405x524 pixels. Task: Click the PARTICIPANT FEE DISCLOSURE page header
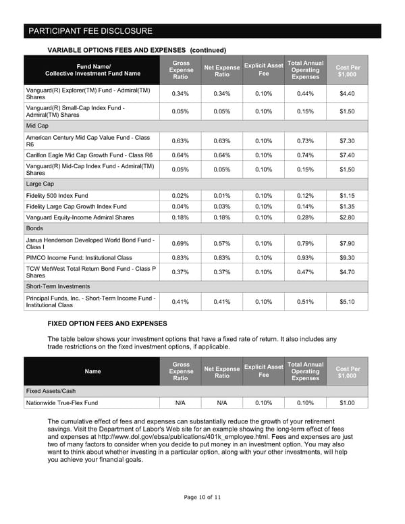click(90, 31)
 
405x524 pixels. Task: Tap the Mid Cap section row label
click(36, 126)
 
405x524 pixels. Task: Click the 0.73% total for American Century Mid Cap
click(307, 140)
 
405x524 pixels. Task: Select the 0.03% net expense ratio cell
click(221, 206)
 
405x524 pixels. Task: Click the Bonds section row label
click(35, 229)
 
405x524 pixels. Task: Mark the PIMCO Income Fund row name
click(79, 257)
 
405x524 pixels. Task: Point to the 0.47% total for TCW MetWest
click(307, 272)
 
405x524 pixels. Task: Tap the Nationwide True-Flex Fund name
click(61, 402)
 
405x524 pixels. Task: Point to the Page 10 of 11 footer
click(202, 497)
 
